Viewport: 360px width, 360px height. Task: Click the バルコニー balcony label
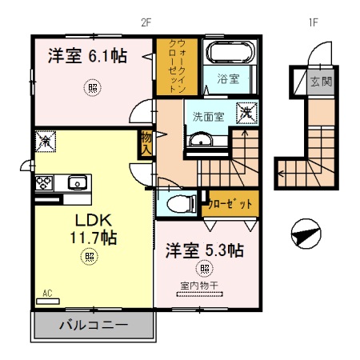(92, 326)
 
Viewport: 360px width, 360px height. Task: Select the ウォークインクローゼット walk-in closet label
(170, 68)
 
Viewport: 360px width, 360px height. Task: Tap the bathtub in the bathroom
(230, 54)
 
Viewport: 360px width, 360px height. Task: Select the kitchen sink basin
(78, 181)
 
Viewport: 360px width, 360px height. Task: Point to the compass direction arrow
(306, 235)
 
